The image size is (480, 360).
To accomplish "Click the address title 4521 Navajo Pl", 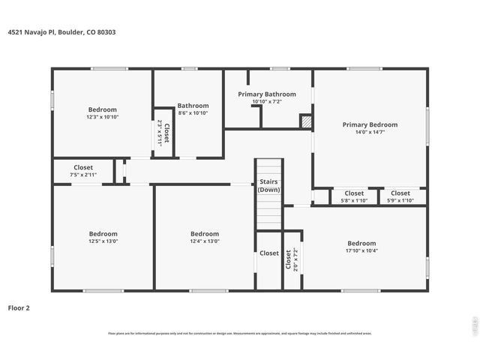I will pyautogui.click(x=61, y=32).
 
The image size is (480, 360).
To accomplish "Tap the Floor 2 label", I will pyautogui.click(x=19, y=307).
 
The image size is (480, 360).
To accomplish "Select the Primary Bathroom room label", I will pyautogui.click(x=267, y=94).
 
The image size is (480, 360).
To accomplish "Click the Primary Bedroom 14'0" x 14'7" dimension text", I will pyautogui.click(x=370, y=132).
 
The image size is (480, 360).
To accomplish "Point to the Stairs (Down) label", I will pyautogui.click(x=268, y=185).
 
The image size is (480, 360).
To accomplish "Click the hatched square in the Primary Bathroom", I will pyautogui.click(x=305, y=121).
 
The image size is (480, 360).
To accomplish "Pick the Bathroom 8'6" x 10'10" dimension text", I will pyautogui.click(x=193, y=112).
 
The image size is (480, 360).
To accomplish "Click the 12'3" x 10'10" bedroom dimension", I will pyautogui.click(x=103, y=117).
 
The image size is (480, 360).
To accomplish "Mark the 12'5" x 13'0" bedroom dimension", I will pyautogui.click(x=103, y=241).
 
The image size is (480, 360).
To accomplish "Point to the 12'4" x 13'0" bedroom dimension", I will pyautogui.click(x=204, y=241).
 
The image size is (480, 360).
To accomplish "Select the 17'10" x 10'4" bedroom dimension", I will pyautogui.click(x=361, y=250).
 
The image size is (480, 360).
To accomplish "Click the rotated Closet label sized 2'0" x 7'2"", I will pyautogui.click(x=292, y=259).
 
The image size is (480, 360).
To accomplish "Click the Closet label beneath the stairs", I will pyautogui.click(x=269, y=253).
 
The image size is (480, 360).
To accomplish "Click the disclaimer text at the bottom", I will pyautogui.click(x=240, y=334).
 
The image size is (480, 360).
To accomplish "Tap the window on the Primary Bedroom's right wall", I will pyautogui.click(x=427, y=124).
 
